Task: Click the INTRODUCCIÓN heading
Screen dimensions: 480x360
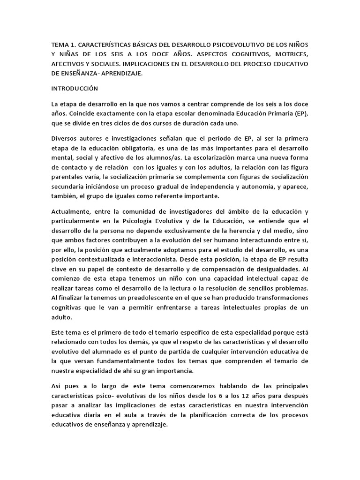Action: coord(75,88)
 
